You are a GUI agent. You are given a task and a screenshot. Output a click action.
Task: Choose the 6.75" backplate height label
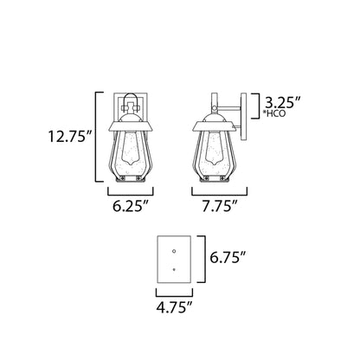point(226,257)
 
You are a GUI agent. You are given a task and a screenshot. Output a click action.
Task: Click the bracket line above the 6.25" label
point(130,192)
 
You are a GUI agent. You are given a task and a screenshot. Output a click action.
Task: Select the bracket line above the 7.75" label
point(213,192)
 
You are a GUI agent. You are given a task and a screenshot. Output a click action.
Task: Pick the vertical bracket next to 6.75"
point(202,257)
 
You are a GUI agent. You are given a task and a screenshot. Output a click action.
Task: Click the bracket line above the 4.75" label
point(175,289)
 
